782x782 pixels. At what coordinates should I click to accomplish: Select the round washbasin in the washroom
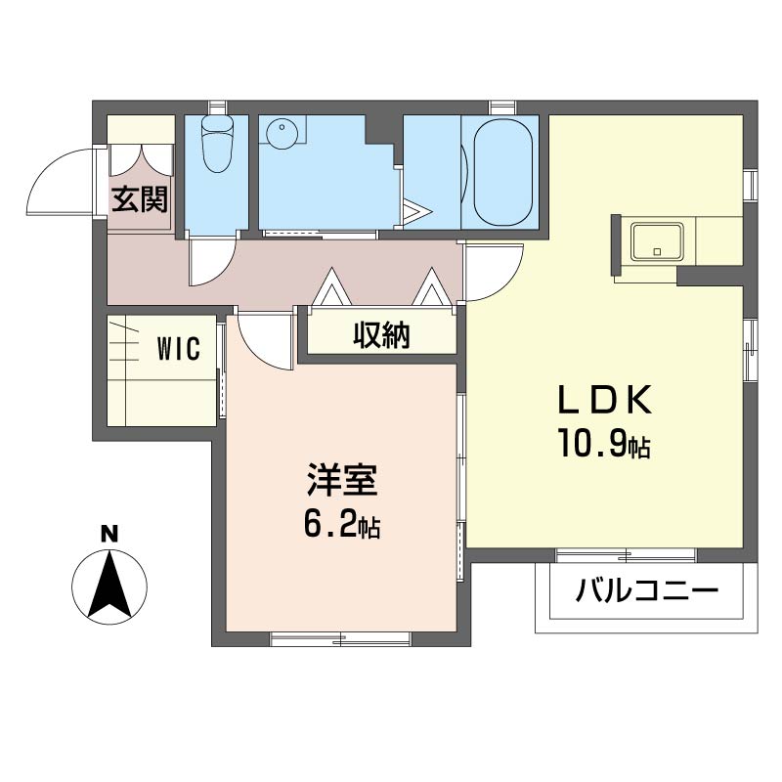coord(283,131)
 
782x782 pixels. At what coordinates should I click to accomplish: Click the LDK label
coord(603,401)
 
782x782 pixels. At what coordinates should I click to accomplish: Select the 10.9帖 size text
coord(603,447)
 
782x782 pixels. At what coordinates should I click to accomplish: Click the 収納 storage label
coord(381,336)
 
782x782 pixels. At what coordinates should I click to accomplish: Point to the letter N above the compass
coord(109,534)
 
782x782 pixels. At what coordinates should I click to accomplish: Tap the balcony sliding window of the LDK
coord(626,554)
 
